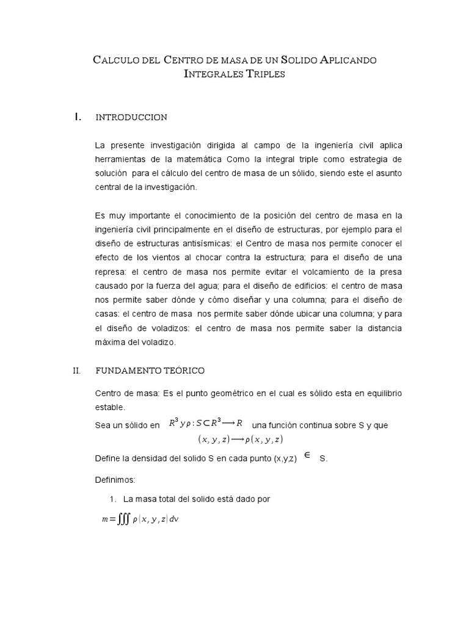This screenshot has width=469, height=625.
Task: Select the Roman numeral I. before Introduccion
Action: (x=78, y=117)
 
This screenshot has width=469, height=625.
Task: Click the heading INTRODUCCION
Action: (x=131, y=117)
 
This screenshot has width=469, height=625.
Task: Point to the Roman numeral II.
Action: (x=77, y=370)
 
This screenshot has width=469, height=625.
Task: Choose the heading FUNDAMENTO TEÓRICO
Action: (x=150, y=370)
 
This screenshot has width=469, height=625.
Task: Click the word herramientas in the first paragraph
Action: (x=123, y=159)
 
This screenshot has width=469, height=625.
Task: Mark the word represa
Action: (x=112, y=272)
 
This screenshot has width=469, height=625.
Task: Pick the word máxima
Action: (x=111, y=342)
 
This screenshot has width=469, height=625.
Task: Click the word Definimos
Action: (x=116, y=480)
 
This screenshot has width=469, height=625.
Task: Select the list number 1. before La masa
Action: (x=113, y=499)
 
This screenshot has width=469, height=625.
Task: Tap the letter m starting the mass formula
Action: (x=105, y=519)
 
